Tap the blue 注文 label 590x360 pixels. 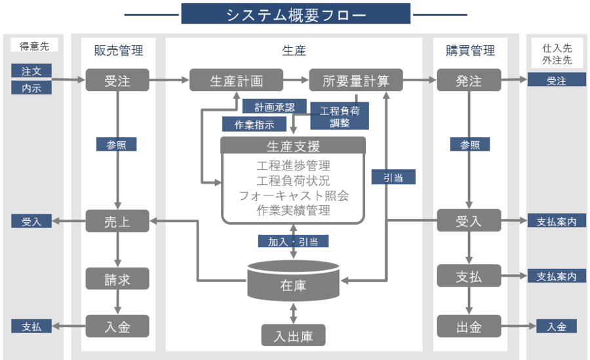click(31, 70)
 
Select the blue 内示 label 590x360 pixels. click(31, 87)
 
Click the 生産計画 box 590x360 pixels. click(236, 81)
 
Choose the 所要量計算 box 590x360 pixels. click(356, 81)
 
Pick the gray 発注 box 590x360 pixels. click(469, 81)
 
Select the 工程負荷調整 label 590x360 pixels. click(340, 115)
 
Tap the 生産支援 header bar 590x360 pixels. click(293, 145)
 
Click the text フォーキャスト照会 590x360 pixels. click(293, 196)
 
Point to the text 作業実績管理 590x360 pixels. click(293, 211)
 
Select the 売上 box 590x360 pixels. click(117, 221)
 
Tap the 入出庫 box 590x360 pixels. click(293, 336)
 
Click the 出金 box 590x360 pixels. click(469, 326)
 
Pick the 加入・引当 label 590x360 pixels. click(293, 241)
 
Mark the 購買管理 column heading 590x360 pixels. click(470, 50)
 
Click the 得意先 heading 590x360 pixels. click(34, 46)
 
